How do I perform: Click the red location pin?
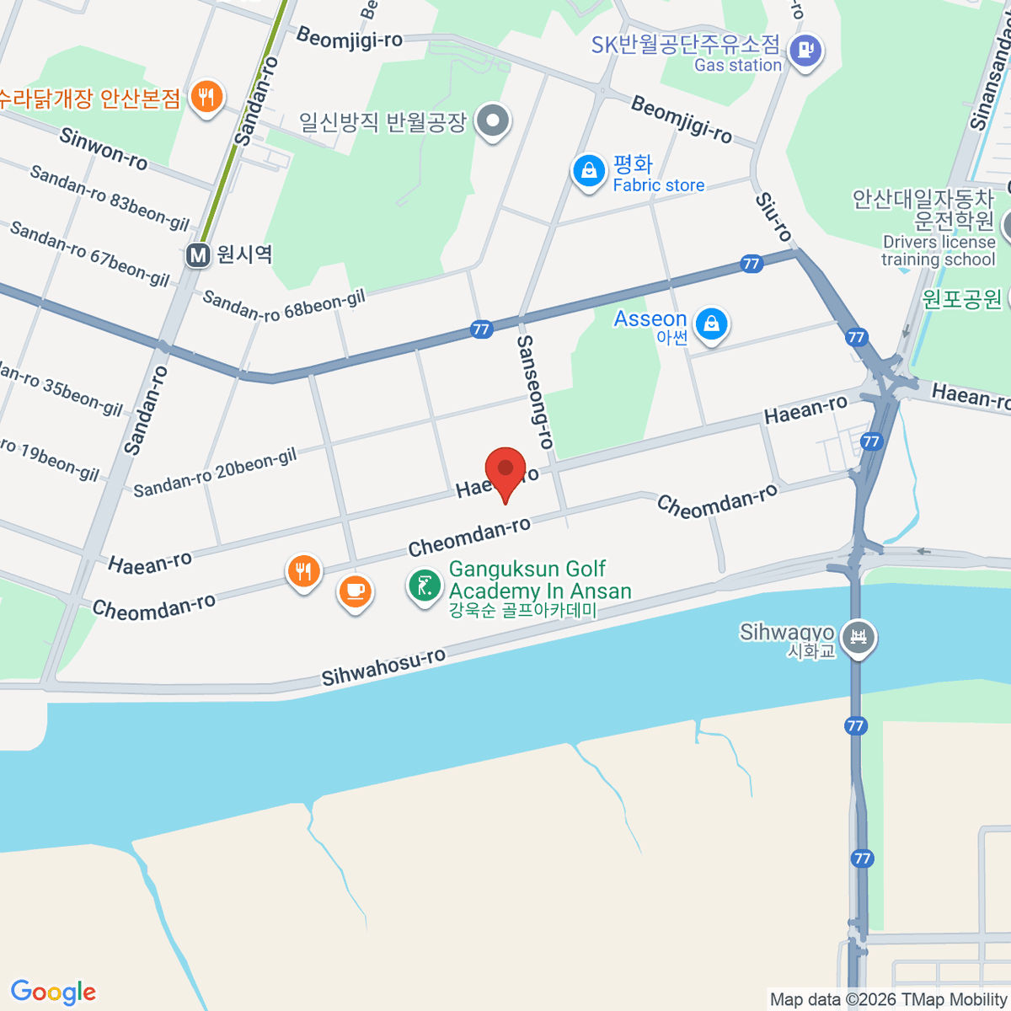(x=505, y=470)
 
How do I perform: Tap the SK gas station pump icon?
(x=806, y=50)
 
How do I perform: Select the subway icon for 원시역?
(x=198, y=254)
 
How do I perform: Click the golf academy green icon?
(x=424, y=585)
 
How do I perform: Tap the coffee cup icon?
(x=355, y=590)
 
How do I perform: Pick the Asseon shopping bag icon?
(x=712, y=324)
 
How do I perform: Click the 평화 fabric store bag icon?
(x=588, y=171)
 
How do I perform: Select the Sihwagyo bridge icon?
(x=859, y=636)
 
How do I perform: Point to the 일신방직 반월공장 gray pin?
(x=493, y=121)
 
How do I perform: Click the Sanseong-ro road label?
(x=536, y=391)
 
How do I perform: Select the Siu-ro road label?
(x=773, y=217)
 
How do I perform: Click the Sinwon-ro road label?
(x=104, y=148)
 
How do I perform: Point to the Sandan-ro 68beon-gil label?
(x=284, y=305)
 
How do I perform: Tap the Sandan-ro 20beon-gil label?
(x=215, y=473)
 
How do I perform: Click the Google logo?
(x=53, y=992)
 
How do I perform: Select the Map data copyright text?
(x=888, y=999)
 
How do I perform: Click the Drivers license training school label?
(x=939, y=250)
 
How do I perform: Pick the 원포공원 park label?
(x=961, y=298)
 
